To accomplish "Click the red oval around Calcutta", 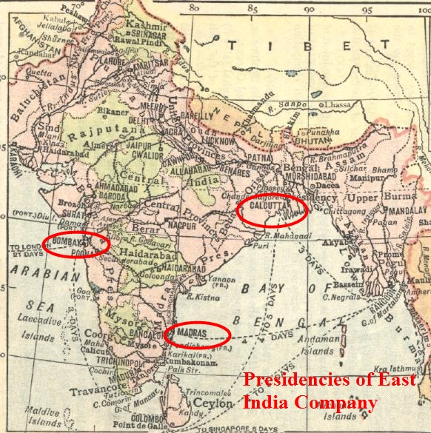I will point(272,210).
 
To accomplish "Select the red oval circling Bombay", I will point(76,244).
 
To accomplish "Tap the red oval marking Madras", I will point(198,335).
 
